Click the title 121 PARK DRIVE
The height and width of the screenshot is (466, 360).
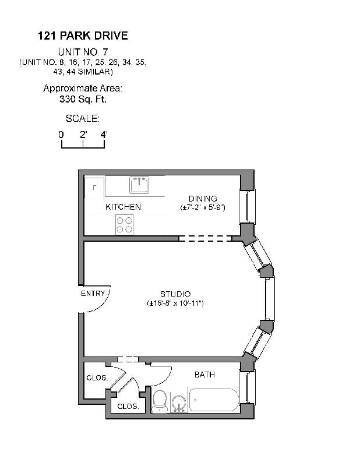click(82, 36)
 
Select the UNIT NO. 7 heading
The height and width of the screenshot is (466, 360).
click(82, 52)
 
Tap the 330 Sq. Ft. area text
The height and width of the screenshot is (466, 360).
click(82, 99)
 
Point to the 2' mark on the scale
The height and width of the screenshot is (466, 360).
click(83, 135)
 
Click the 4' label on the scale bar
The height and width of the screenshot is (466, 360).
click(104, 135)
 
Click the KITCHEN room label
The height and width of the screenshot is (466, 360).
click(123, 207)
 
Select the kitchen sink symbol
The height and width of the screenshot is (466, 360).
click(139, 185)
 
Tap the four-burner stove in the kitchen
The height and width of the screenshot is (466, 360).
click(124, 224)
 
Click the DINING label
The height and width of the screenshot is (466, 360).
click(202, 199)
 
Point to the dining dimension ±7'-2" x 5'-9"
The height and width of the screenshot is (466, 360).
click(202, 207)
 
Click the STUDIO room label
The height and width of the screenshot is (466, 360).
click(175, 294)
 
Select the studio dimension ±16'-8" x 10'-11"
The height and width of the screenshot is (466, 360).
click(175, 303)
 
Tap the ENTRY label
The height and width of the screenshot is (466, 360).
click(93, 294)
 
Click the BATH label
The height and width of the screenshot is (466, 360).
click(204, 375)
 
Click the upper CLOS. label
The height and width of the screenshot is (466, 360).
click(97, 377)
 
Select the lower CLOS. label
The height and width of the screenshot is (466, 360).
click(128, 407)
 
